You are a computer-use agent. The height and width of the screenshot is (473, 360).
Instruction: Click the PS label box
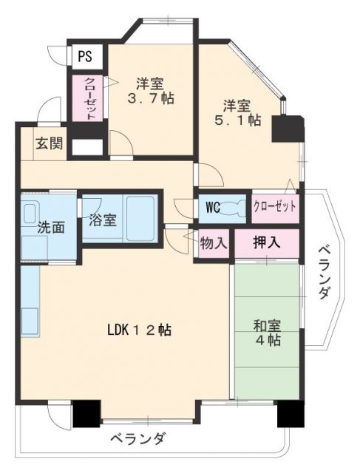85,56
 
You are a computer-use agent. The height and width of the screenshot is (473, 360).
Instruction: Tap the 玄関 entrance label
50,143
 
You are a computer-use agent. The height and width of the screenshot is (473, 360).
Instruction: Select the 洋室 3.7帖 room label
150,91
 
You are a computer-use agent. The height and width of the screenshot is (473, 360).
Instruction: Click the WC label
213,208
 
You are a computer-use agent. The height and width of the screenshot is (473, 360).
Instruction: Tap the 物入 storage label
214,243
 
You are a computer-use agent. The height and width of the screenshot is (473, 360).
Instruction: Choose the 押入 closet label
267,242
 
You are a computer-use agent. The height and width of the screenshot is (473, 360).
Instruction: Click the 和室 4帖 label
268,333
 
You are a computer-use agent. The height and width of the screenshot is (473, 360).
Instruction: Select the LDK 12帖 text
140,330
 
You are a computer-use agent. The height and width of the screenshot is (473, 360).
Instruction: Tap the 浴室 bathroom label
103,220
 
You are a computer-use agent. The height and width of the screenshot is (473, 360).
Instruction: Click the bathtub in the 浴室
140,219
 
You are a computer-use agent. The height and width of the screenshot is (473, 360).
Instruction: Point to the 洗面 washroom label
51,228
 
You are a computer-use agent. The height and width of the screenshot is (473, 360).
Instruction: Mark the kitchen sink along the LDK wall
30,321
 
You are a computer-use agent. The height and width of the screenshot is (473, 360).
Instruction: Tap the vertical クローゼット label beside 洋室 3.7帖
89,98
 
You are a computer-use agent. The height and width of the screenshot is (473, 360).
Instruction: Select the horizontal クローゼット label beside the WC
274,207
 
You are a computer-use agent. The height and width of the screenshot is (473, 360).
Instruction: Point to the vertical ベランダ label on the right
324,273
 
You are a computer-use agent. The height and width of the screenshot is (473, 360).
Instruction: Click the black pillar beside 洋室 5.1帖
287,129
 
